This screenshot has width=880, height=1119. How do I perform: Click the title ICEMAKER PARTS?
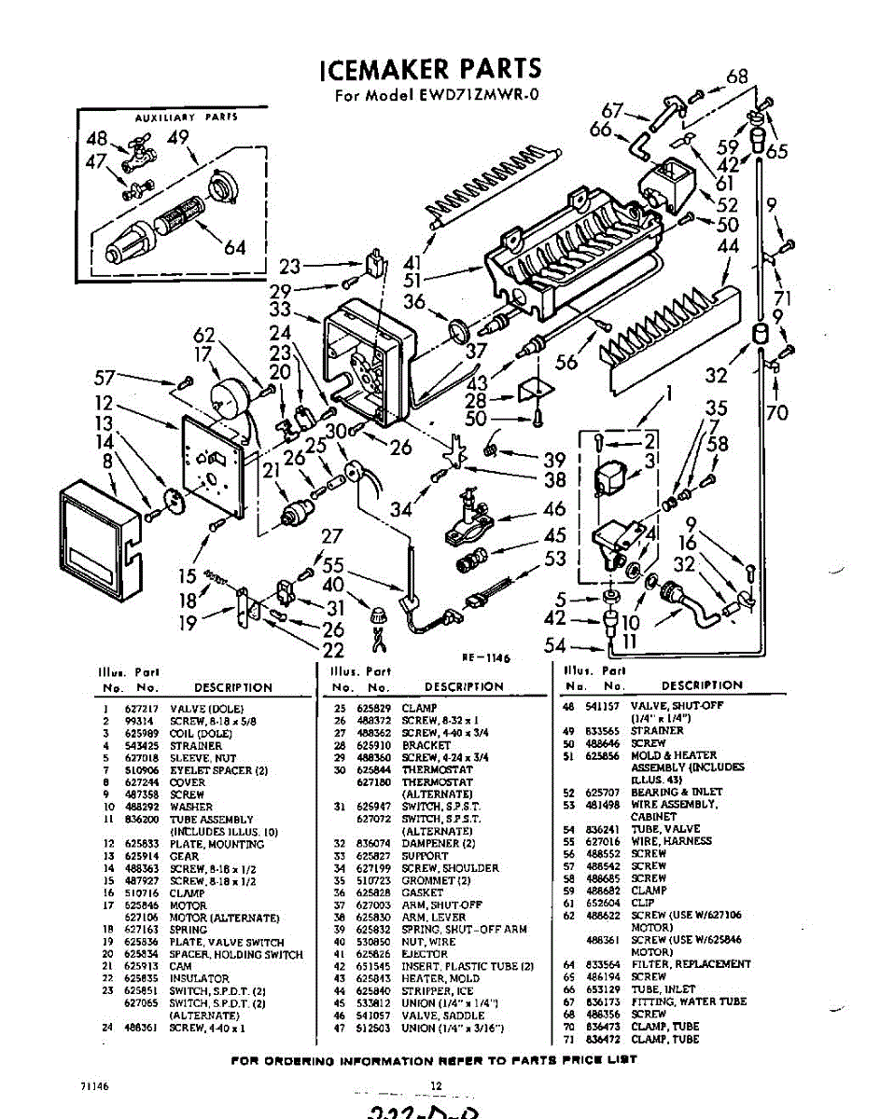tap(429, 69)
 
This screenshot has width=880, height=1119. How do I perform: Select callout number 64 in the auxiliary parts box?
tap(234, 247)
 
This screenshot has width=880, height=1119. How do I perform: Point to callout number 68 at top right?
tap(737, 77)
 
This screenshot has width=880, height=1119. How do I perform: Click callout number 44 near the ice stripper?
tap(729, 246)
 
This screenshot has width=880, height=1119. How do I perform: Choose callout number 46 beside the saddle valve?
tap(554, 509)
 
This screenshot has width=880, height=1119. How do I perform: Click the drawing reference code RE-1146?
tap(482, 657)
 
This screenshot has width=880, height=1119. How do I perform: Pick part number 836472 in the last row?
tap(607, 1039)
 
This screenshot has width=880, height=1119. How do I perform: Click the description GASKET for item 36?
tap(419, 892)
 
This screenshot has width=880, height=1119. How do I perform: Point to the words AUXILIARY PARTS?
tap(187, 118)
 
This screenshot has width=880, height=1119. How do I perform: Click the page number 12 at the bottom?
tap(435, 1084)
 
